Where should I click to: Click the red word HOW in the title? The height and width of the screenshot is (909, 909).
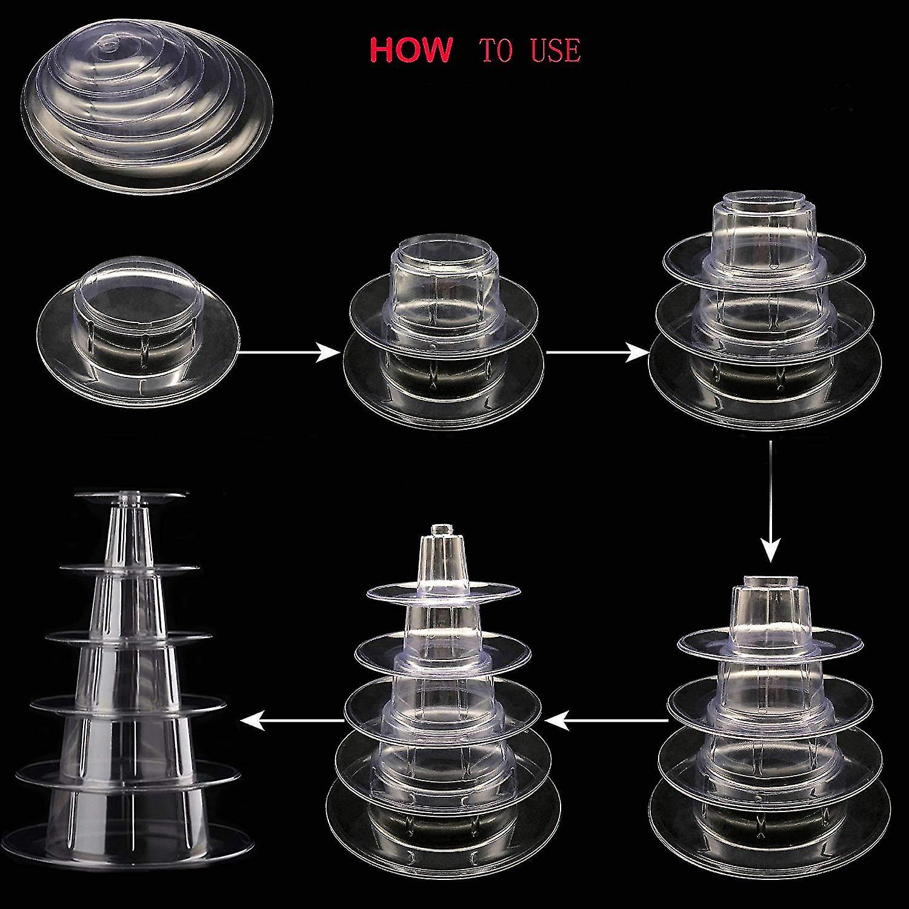pyautogui.click(x=410, y=50)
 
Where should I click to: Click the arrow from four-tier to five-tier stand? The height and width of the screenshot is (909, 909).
pyautogui.click(x=606, y=719)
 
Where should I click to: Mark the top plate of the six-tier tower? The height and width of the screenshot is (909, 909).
pyautogui.click(x=130, y=496)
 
